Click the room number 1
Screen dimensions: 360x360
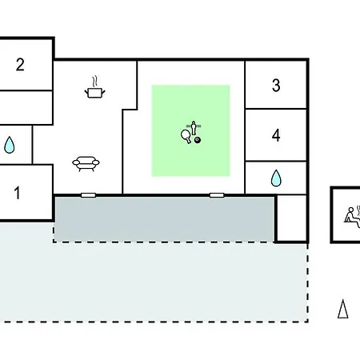pos(17,193)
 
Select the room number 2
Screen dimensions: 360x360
pos(20,65)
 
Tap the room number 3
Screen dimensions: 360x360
pos(276,86)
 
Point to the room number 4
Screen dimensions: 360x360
pos(276,135)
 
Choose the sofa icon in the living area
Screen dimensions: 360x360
pos(86,164)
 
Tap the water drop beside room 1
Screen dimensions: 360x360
pos(10,145)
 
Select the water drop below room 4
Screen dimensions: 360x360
pos(276,178)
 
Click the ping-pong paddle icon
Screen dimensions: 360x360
pos(186,136)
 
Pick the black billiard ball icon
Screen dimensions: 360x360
pos(198,140)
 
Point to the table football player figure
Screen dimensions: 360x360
pos(194,128)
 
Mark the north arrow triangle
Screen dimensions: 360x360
pos(342,309)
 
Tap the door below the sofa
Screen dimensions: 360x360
pos(88,195)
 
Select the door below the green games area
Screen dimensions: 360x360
pos(217,195)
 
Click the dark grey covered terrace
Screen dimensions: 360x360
pos(164,219)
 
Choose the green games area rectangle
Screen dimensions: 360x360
pos(190,130)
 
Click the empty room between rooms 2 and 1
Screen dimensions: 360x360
pos(26,107)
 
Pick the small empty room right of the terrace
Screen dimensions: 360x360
pos(292,218)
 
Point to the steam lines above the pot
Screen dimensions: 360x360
pos(94,82)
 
